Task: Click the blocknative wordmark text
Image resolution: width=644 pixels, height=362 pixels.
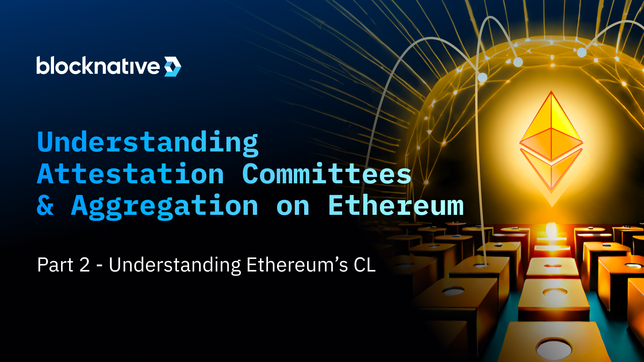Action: pyautogui.click(x=98, y=66)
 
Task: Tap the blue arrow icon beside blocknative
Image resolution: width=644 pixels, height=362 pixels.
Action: pyautogui.click(x=172, y=66)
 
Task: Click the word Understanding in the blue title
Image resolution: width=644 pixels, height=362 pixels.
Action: pyautogui.click(x=148, y=143)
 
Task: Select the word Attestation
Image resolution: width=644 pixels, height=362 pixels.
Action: pyautogui.click(x=130, y=174)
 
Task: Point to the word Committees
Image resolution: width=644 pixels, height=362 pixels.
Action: pyautogui.click(x=326, y=174)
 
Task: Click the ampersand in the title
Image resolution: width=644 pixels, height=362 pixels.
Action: pyautogui.click(x=45, y=205)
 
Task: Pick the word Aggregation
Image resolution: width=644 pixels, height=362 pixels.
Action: pyautogui.click(x=165, y=206)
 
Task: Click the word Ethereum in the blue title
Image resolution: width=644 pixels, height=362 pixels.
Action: pyautogui.click(x=396, y=205)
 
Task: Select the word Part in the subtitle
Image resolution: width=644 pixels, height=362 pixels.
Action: pyautogui.click(x=55, y=265)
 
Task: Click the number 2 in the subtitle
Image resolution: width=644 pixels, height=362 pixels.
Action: pyautogui.click(x=85, y=265)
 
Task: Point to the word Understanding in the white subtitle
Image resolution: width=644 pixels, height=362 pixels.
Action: pyautogui.click(x=175, y=265)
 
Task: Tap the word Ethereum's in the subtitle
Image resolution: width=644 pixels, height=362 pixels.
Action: pyautogui.click(x=297, y=265)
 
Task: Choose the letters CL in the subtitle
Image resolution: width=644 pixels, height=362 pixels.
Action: pyautogui.click(x=365, y=265)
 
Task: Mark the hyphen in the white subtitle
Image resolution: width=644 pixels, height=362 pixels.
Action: pyautogui.click(x=99, y=266)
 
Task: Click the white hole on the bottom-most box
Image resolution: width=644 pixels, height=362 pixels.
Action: pyautogui.click(x=554, y=347)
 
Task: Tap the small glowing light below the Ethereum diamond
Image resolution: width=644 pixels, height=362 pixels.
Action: pyautogui.click(x=551, y=230)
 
